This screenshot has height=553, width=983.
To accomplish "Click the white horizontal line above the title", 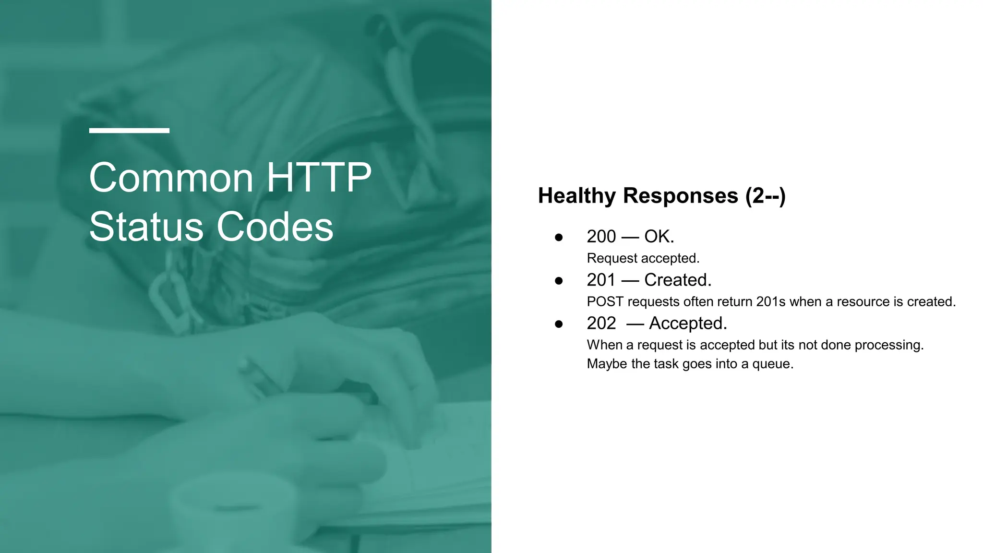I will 129,130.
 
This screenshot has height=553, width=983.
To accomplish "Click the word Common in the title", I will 171,178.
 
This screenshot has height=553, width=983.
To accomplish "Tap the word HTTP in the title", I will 319,178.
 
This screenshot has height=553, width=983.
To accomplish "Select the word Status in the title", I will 146,227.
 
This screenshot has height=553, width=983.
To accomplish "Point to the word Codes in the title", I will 275,227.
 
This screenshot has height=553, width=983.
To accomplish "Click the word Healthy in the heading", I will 576,196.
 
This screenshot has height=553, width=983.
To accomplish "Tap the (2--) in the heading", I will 765,196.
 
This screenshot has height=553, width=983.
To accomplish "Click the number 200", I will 601,237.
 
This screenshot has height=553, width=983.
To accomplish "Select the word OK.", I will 659,237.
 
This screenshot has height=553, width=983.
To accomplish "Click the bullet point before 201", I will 559,281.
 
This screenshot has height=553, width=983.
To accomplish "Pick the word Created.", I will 677,280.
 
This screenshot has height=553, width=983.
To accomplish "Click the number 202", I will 601,324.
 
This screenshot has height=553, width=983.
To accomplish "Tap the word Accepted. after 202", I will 688,324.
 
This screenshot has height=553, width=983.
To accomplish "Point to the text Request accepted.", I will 643,258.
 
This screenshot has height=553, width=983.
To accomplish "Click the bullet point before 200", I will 559,237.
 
